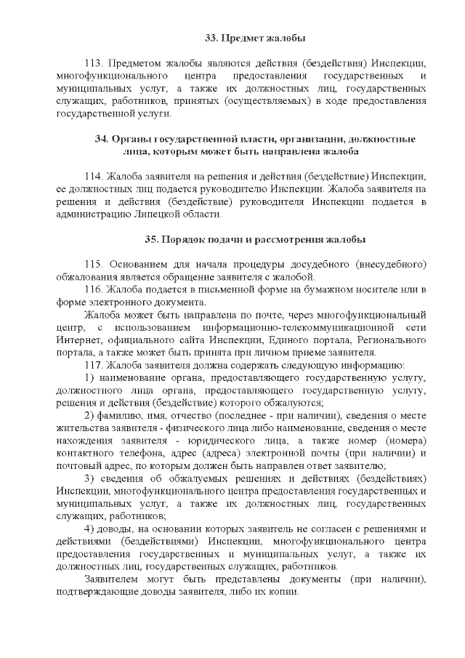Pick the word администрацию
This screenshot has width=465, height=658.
92,214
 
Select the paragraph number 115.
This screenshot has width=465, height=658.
94,265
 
